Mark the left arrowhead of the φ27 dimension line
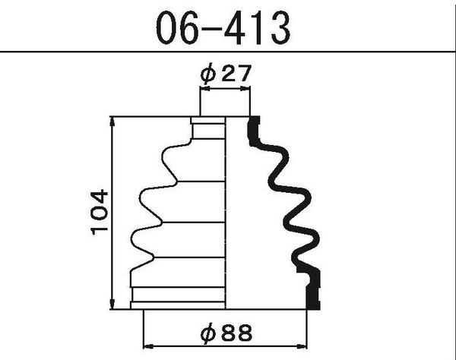[x=204, y=90]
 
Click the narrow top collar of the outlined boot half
[x=209, y=129]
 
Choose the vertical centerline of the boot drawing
[x=227, y=213]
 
